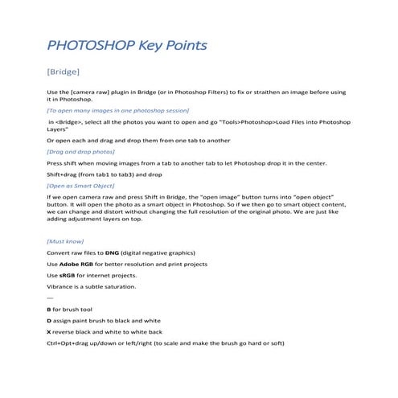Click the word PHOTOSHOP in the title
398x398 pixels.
pyautogui.click(x=88, y=45)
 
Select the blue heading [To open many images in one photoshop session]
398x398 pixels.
pyautogui.click(x=118, y=109)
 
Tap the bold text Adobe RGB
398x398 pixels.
pyautogui.click(x=77, y=264)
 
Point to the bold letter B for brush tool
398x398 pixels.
pyautogui.click(x=50, y=309)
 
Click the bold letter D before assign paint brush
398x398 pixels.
pyautogui.click(x=50, y=320)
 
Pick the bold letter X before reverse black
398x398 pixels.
pyautogui.click(x=50, y=331)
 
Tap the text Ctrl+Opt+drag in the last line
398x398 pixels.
pyautogui.click(x=69, y=343)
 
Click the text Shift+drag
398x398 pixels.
pyautogui.click(x=64, y=173)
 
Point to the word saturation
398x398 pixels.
pyautogui.click(x=117, y=286)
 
